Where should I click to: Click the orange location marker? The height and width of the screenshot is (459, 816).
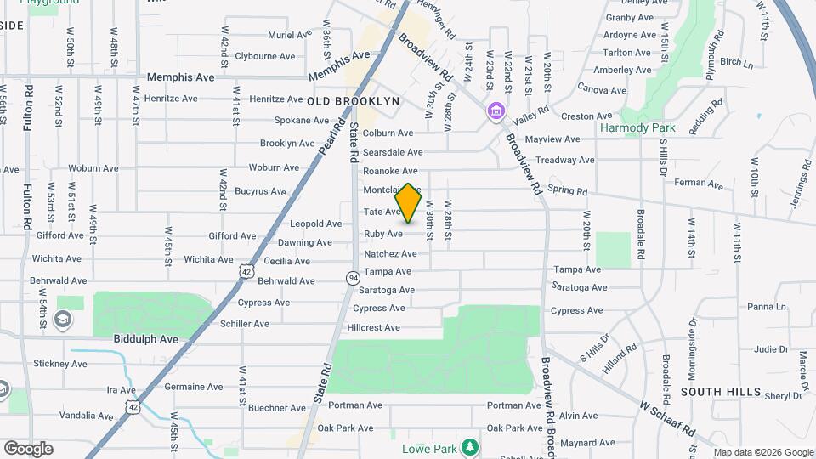[x=409, y=202]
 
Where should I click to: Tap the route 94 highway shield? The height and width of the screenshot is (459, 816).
[x=352, y=278]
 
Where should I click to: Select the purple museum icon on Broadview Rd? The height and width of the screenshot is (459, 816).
[x=496, y=111]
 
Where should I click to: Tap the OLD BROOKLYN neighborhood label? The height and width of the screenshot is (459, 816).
[x=353, y=100]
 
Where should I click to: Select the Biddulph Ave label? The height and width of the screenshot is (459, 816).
[x=145, y=338]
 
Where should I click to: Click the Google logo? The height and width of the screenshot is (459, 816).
[x=28, y=449]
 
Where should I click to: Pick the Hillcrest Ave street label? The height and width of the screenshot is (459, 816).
[x=374, y=327]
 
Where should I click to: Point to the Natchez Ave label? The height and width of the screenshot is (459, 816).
[x=390, y=253]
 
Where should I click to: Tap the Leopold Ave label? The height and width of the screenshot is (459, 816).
[x=315, y=224]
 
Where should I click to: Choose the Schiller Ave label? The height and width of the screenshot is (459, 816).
[x=245, y=324]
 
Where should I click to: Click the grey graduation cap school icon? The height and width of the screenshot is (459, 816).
[x=62, y=320]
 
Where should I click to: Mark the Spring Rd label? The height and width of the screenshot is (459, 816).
[x=568, y=191]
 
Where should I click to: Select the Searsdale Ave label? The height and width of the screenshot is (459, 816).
[x=393, y=152]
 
